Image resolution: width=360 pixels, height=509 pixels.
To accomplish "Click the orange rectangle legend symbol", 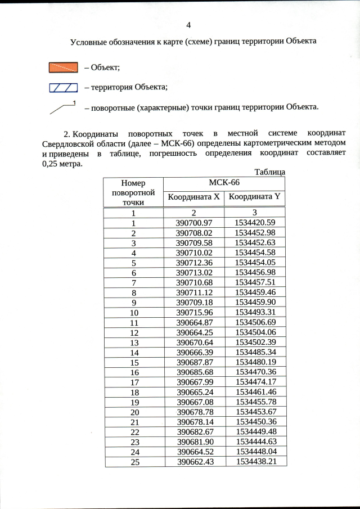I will pos(62,67).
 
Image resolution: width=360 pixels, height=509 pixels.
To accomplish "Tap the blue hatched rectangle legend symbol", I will pos(62,87).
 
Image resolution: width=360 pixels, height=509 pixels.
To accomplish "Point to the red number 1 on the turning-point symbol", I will pos(74,102).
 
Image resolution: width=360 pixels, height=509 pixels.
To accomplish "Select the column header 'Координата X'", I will pos(193,197).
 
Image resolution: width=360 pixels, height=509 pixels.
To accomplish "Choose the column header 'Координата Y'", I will pos(254,197).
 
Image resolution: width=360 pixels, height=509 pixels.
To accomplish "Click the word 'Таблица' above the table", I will pos(269,172).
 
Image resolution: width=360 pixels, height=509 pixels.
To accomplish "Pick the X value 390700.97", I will pos(193,223).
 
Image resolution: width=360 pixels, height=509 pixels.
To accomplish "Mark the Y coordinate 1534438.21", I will pos(255,461).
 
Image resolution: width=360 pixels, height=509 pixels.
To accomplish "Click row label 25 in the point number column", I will pos(134,461).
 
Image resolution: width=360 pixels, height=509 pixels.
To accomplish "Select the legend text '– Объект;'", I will pos(102,67).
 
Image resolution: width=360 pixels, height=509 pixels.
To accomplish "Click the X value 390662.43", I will pos(193,461).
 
